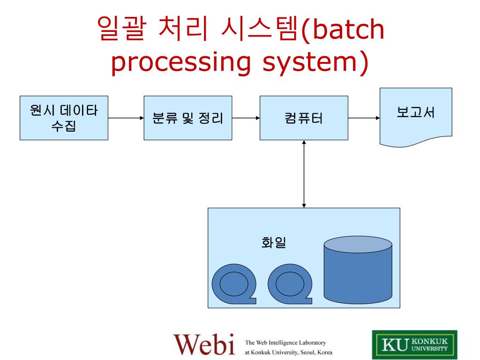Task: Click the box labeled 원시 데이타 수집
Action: click(64, 118)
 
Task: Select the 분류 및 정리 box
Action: click(187, 118)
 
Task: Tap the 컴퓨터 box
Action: click(304, 118)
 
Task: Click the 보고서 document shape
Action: click(416, 115)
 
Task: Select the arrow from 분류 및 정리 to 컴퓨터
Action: click(246, 118)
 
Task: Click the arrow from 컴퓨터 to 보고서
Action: click(364, 118)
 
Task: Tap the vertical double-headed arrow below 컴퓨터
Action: click(304, 174)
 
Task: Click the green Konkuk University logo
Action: click(415, 345)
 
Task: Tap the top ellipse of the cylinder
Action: click(358, 246)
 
